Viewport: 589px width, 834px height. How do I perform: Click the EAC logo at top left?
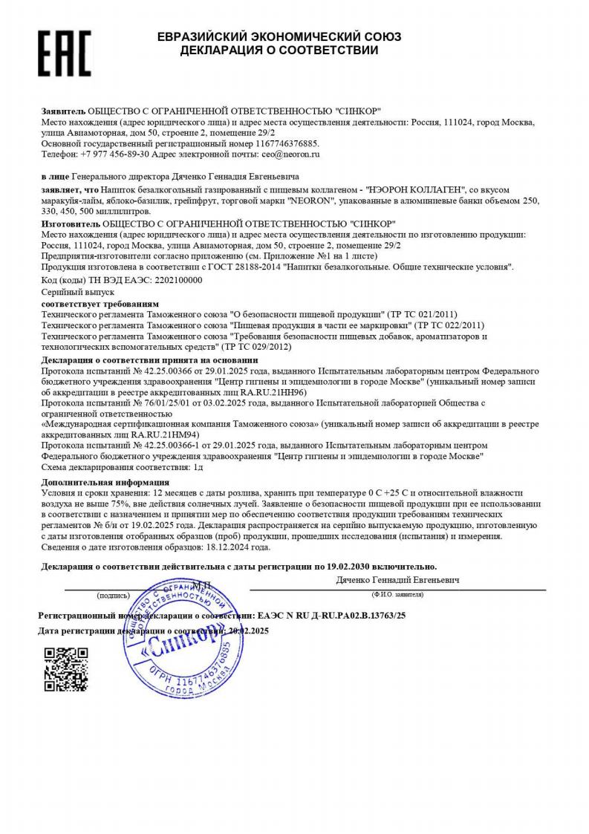click(65, 53)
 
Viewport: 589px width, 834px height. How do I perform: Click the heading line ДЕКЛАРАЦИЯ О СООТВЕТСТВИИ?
click(279, 51)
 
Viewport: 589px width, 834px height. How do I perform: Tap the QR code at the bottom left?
click(66, 669)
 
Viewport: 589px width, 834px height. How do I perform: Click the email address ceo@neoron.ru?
click(290, 154)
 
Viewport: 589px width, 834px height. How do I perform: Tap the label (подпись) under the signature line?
click(112, 595)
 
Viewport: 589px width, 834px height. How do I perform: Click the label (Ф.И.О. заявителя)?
click(397, 595)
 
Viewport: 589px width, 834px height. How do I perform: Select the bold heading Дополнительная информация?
click(97, 482)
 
